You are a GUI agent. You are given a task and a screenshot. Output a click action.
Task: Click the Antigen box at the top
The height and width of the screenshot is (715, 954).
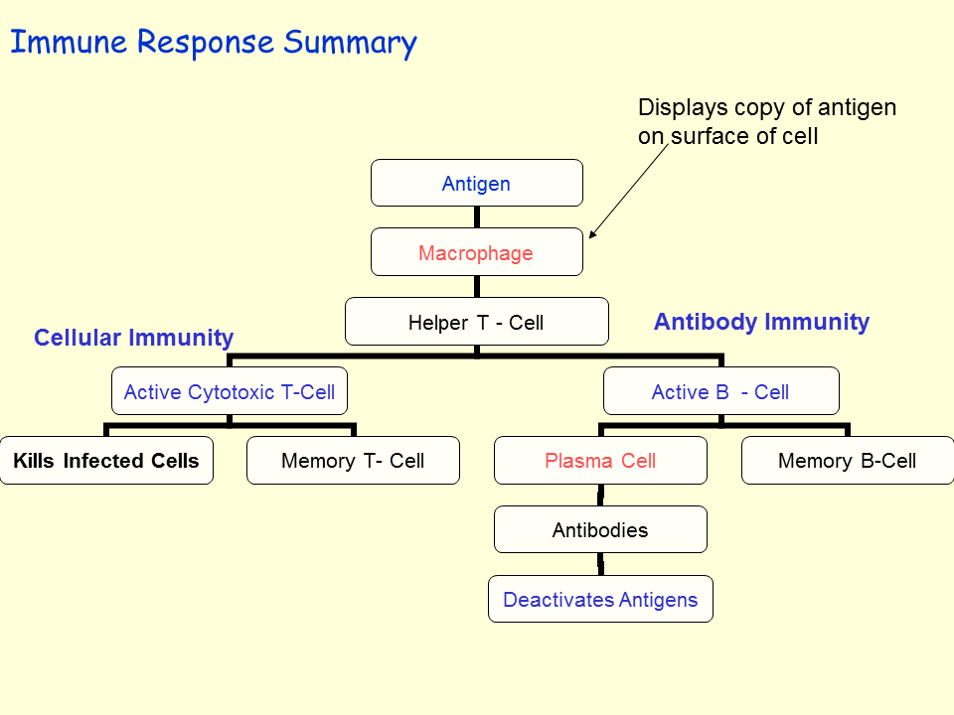click(477, 184)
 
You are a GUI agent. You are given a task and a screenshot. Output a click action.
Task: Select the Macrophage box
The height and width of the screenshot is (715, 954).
click(477, 252)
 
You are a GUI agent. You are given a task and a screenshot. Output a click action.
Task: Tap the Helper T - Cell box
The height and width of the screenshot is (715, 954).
click(477, 322)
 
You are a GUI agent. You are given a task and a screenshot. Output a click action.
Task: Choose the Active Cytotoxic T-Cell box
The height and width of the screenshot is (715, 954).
click(230, 391)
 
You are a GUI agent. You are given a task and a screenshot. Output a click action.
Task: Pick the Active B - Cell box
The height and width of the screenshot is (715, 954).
click(721, 391)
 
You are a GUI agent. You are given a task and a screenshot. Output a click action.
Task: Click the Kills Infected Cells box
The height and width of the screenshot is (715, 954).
click(106, 461)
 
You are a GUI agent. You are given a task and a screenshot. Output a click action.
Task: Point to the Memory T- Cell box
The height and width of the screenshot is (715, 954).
click(353, 461)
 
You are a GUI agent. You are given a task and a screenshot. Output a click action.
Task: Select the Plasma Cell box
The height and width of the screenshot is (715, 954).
click(600, 461)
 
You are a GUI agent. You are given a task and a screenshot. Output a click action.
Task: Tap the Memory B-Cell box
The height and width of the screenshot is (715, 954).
click(848, 461)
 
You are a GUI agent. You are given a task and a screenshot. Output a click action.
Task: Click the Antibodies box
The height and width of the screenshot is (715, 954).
click(600, 530)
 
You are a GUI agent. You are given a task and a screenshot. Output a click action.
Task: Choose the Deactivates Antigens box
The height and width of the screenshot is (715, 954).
click(600, 600)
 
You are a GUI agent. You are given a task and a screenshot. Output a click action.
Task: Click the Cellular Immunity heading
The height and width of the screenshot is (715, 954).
click(133, 338)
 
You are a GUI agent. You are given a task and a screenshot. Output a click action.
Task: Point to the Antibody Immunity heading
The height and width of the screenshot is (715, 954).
click(761, 322)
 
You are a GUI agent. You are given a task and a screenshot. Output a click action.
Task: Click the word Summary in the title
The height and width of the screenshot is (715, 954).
click(350, 44)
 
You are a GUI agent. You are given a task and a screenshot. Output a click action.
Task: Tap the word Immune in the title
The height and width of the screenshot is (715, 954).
click(69, 44)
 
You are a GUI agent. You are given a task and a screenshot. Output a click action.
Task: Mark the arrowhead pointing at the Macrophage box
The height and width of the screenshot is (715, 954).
click(593, 235)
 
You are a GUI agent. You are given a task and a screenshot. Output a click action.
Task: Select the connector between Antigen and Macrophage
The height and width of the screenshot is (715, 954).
click(477, 217)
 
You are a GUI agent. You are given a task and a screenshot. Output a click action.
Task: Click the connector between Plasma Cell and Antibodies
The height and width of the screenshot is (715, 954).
click(600, 496)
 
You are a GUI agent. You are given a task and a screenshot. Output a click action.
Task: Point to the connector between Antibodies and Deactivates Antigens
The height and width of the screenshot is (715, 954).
click(600, 564)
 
